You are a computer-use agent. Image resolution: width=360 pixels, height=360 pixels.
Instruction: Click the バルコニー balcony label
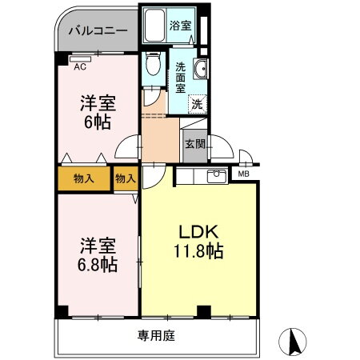[x=97, y=32]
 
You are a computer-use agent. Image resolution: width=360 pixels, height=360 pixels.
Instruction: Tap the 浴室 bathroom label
[x=179, y=26]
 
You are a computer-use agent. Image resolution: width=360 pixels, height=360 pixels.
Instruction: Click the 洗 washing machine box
[x=196, y=103]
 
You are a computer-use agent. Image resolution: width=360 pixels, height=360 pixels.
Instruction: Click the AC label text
[x=80, y=67]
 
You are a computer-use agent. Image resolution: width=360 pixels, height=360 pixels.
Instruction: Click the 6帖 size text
[x=96, y=122]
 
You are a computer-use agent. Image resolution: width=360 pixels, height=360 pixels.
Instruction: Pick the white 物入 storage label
[x=125, y=178]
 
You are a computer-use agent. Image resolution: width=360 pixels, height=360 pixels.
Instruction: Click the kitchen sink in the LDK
[x=215, y=176]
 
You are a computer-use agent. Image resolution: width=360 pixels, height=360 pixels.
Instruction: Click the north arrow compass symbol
[x=294, y=342]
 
